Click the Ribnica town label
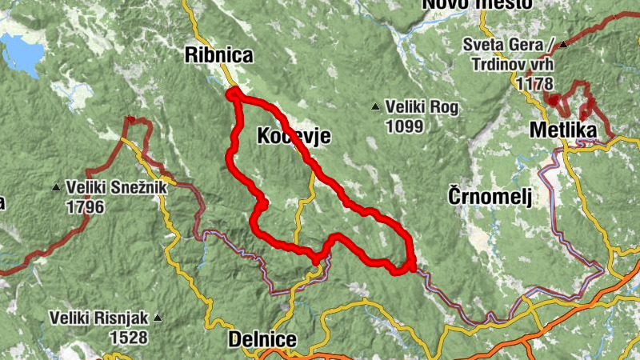pos(218,55)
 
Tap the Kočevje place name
pos(294,137)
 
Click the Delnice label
pos(262,338)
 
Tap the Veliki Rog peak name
pos(422,106)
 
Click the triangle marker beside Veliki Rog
pos(376,106)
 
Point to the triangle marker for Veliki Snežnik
pos(55,187)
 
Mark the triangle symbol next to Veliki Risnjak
pos(157,318)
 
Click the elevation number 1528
pos(127,338)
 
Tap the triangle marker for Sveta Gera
pos(564,45)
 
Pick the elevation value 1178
pos(534,82)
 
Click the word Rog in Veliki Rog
pos(443,106)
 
